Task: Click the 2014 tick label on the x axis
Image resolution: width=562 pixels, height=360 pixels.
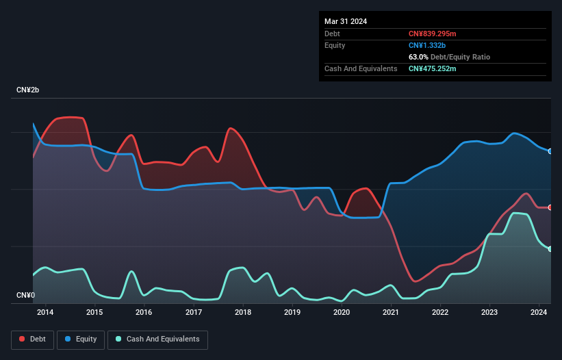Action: pos(45,313)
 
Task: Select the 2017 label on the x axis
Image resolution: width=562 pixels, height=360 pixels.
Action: pos(194,313)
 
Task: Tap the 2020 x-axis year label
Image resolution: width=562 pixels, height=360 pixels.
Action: pos(342,313)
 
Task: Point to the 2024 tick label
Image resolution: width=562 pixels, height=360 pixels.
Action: pos(539,313)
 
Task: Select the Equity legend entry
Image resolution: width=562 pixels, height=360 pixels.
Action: pos(81,339)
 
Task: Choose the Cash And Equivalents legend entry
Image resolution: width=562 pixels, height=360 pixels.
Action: pos(157,339)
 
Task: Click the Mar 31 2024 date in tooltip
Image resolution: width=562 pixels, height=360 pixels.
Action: pos(346,21)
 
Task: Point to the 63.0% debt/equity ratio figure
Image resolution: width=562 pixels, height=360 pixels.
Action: pos(420,57)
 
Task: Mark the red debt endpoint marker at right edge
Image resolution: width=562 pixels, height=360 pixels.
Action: pos(550,207)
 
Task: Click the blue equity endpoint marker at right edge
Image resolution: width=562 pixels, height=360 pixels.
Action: pos(550,151)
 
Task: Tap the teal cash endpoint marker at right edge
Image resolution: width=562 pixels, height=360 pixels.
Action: pos(550,249)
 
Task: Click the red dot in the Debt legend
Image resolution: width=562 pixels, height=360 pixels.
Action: pos(22,339)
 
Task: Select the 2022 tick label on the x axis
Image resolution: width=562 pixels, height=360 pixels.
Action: pos(440,313)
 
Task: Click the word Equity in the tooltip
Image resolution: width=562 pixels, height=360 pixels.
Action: pos(335,45)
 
